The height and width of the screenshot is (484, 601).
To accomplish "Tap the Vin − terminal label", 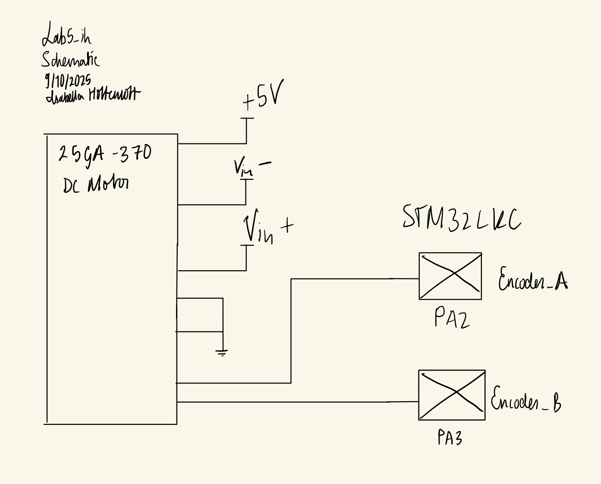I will point(252,167).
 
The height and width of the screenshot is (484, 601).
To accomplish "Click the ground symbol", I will point(222,353).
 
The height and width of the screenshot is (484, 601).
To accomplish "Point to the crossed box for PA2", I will point(450,276).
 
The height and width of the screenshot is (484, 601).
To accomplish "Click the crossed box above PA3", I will point(452,395).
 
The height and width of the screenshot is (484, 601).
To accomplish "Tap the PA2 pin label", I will point(451,319).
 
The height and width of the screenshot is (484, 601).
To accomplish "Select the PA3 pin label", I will point(450,437).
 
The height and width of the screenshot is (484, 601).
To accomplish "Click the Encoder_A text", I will point(532,280).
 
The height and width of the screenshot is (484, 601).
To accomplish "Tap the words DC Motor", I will point(96,184).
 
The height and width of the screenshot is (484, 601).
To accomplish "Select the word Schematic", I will point(70,59).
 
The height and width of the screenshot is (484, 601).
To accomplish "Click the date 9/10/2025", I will point(68,80).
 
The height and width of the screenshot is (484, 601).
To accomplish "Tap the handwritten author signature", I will point(93,95).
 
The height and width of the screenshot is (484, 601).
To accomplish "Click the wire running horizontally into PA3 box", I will point(298,402).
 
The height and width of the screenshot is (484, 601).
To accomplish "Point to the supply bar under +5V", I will point(247,118).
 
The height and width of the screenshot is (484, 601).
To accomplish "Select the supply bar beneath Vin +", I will point(247,245).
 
